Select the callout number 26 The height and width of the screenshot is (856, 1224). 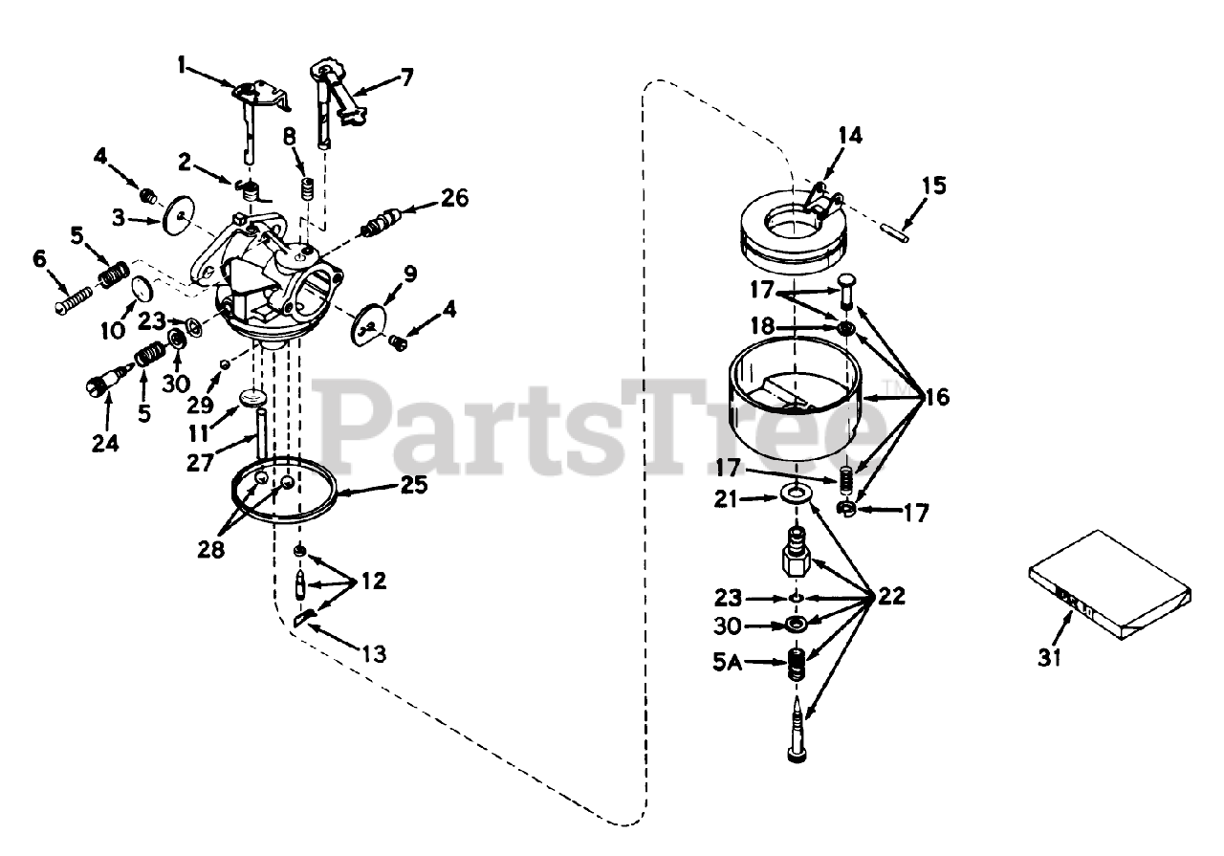click(455, 198)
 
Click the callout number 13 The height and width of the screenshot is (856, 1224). click(373, 654)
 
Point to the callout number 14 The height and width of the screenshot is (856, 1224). click(848, 135)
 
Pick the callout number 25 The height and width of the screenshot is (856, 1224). click(414, 485)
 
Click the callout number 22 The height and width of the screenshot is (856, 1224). click(890, 597)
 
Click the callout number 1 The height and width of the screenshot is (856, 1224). click(182, 67)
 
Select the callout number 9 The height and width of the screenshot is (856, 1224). click(409, 274)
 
